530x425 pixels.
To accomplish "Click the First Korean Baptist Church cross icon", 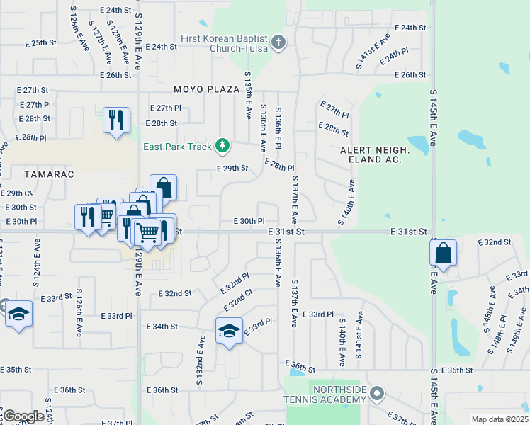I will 278,42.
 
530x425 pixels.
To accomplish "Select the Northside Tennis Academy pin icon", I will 378,392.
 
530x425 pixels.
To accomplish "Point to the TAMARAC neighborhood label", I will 30,174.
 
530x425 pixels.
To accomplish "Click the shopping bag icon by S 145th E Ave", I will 443,253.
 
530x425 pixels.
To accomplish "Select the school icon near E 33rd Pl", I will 229,331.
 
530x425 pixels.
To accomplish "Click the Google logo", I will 23,416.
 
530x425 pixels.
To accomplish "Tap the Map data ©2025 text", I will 500,419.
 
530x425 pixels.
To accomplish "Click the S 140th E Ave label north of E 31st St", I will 346,202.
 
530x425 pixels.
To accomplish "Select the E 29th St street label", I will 232,169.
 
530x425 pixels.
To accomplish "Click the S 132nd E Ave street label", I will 201,362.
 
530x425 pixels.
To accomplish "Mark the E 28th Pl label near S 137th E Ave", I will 278,165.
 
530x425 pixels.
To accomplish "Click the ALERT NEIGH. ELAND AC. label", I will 375,155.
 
